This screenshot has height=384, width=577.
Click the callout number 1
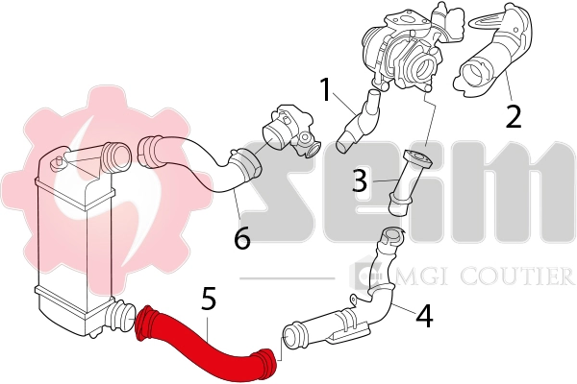[x=326, y=91]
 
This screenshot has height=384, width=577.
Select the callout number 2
[x=514, y=116]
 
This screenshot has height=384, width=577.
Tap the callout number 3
[x=358, y=180]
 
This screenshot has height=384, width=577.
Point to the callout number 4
[x=424, y=314]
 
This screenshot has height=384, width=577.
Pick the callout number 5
[x=208, y=299]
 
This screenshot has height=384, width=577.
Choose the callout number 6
[x=241, y=236]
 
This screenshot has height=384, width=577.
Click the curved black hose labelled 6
[x=197, y=158]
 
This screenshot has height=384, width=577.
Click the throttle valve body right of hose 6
[x=292, y=134]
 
